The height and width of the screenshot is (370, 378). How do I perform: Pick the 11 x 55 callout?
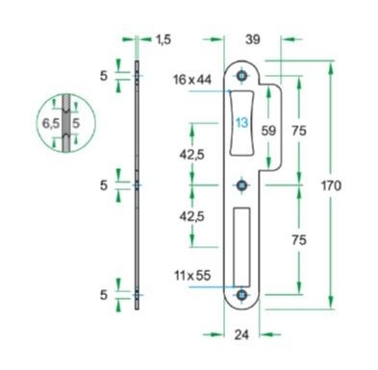[x=193, y=276]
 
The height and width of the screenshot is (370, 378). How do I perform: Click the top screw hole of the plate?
[x=242, y=77]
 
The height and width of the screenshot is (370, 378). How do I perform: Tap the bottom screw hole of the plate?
[x=242, y=294]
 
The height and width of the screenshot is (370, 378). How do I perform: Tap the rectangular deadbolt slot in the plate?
[x=241, y=245]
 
